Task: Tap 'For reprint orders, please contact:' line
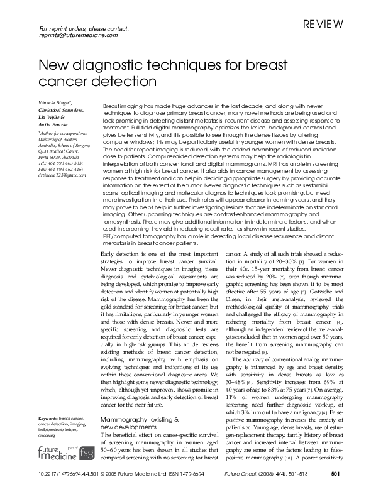pyautogui.click(x=84, y=29)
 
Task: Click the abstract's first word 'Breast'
pyautogui.click(x=111, y=108)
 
